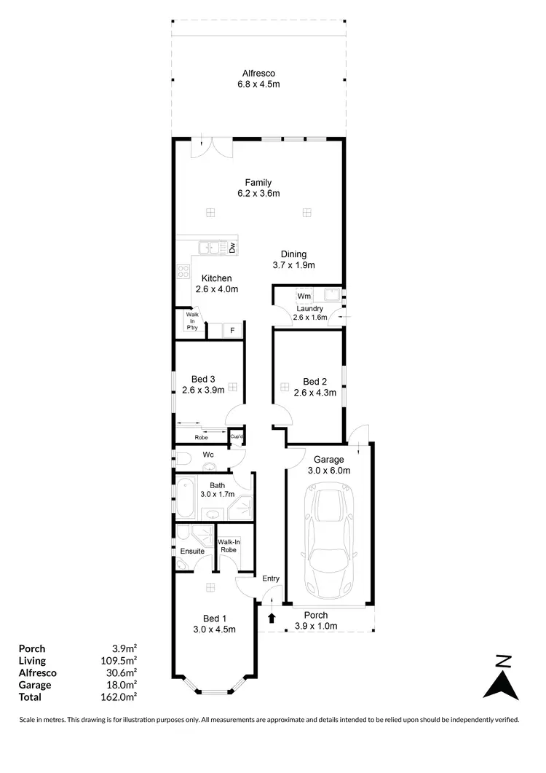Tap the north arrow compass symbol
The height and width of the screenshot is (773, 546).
[x=501, y=678]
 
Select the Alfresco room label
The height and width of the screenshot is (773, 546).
[x=258, y=74]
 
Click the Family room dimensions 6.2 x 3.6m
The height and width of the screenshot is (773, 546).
[x=258, y=193]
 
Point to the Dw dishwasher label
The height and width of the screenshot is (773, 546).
[x=232, y=248]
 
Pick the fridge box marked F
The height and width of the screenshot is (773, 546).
[x=232, y=331]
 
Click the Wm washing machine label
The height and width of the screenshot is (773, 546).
[x=304, y=296]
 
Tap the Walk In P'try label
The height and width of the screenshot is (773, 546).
[x=192, y=321]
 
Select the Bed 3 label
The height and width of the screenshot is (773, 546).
[x=203, y=379]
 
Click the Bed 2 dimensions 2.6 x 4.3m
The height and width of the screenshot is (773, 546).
[x=314, y=393]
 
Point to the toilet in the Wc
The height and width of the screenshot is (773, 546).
[x=182, y=458]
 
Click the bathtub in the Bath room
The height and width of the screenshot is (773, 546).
[x=186, y=495]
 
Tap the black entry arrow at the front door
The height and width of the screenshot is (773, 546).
[x=272, y=619]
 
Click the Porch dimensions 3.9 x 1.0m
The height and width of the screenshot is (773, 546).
[x=316, y=627]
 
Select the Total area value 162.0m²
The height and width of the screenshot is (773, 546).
[x=121, y=697]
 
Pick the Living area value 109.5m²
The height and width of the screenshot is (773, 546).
[x=121, y=661]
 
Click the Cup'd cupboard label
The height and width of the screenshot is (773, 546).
[x=236, y=436]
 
